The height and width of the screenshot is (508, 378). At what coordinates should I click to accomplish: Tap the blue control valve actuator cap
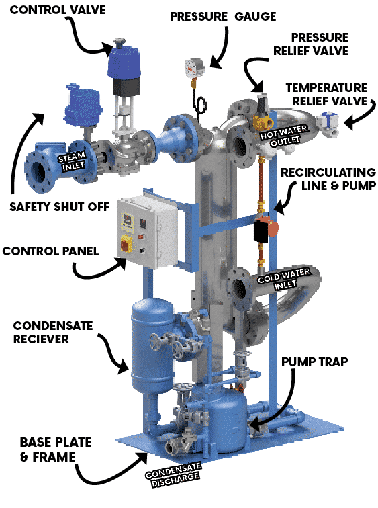click(x=124, y=62)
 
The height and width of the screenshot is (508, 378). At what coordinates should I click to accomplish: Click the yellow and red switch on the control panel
click(x=126, y=245)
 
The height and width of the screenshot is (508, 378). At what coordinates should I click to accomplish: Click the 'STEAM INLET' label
click(x=72, y=161)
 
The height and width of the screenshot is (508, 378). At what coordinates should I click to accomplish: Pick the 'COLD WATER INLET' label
click(x=284, y=280)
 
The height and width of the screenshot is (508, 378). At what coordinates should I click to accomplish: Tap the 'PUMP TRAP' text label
click(x=314, y=362)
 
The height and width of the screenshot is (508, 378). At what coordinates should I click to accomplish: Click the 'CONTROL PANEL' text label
click(x=50, y=251)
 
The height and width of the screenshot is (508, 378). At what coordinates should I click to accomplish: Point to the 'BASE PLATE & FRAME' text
click(x=56, y=450)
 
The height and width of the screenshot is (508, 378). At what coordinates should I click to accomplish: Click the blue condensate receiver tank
click(x=152, y=345)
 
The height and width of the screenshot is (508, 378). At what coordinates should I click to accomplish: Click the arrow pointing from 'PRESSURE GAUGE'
click(x=221, y=48)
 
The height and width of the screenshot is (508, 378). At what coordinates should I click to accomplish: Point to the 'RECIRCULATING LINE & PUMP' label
click(x=328, y=179)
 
